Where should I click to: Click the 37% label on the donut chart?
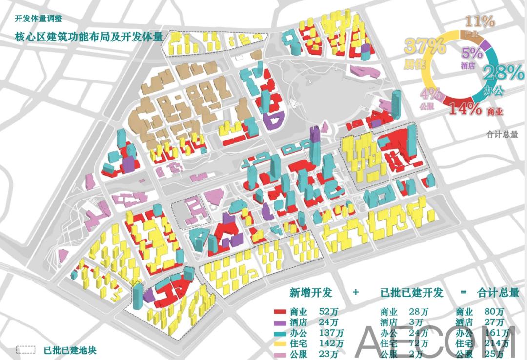425,47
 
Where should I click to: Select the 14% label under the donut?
466,109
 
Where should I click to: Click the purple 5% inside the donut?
472,53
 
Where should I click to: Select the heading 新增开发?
310,293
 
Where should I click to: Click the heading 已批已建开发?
412,293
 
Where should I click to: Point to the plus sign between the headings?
355,293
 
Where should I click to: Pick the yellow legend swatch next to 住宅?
280,344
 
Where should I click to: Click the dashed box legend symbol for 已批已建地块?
25,350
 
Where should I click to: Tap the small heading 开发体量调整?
39,19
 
